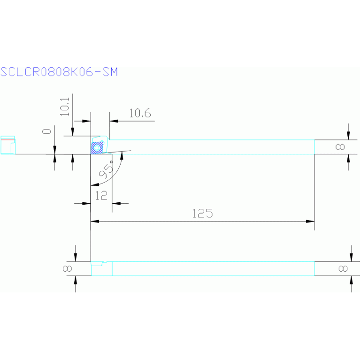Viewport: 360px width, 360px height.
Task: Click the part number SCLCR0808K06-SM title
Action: click(59, 72)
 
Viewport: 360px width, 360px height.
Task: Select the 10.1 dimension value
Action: click(65, 107)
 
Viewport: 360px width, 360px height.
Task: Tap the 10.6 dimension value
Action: click(139, 113)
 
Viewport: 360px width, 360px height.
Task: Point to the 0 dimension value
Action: click(47, 131)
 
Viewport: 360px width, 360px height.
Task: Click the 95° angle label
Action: click(107, 170)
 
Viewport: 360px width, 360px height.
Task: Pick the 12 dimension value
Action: click(101, 195)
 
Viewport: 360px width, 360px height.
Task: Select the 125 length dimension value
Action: click(202, 213)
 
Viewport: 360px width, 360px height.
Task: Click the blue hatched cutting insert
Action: click(98, 148)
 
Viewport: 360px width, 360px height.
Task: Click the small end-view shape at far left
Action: click(8, 145)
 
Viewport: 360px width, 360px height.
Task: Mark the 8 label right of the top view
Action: click(341, 147)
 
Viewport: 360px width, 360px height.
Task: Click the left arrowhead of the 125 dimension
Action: click(94, 221)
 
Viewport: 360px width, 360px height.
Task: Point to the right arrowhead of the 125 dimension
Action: click(310, 221)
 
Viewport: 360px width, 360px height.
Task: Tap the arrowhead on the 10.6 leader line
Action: click(113, 121)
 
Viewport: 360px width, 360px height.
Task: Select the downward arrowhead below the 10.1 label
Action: click(72, 132)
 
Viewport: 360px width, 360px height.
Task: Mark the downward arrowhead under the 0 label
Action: click(55, 150)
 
